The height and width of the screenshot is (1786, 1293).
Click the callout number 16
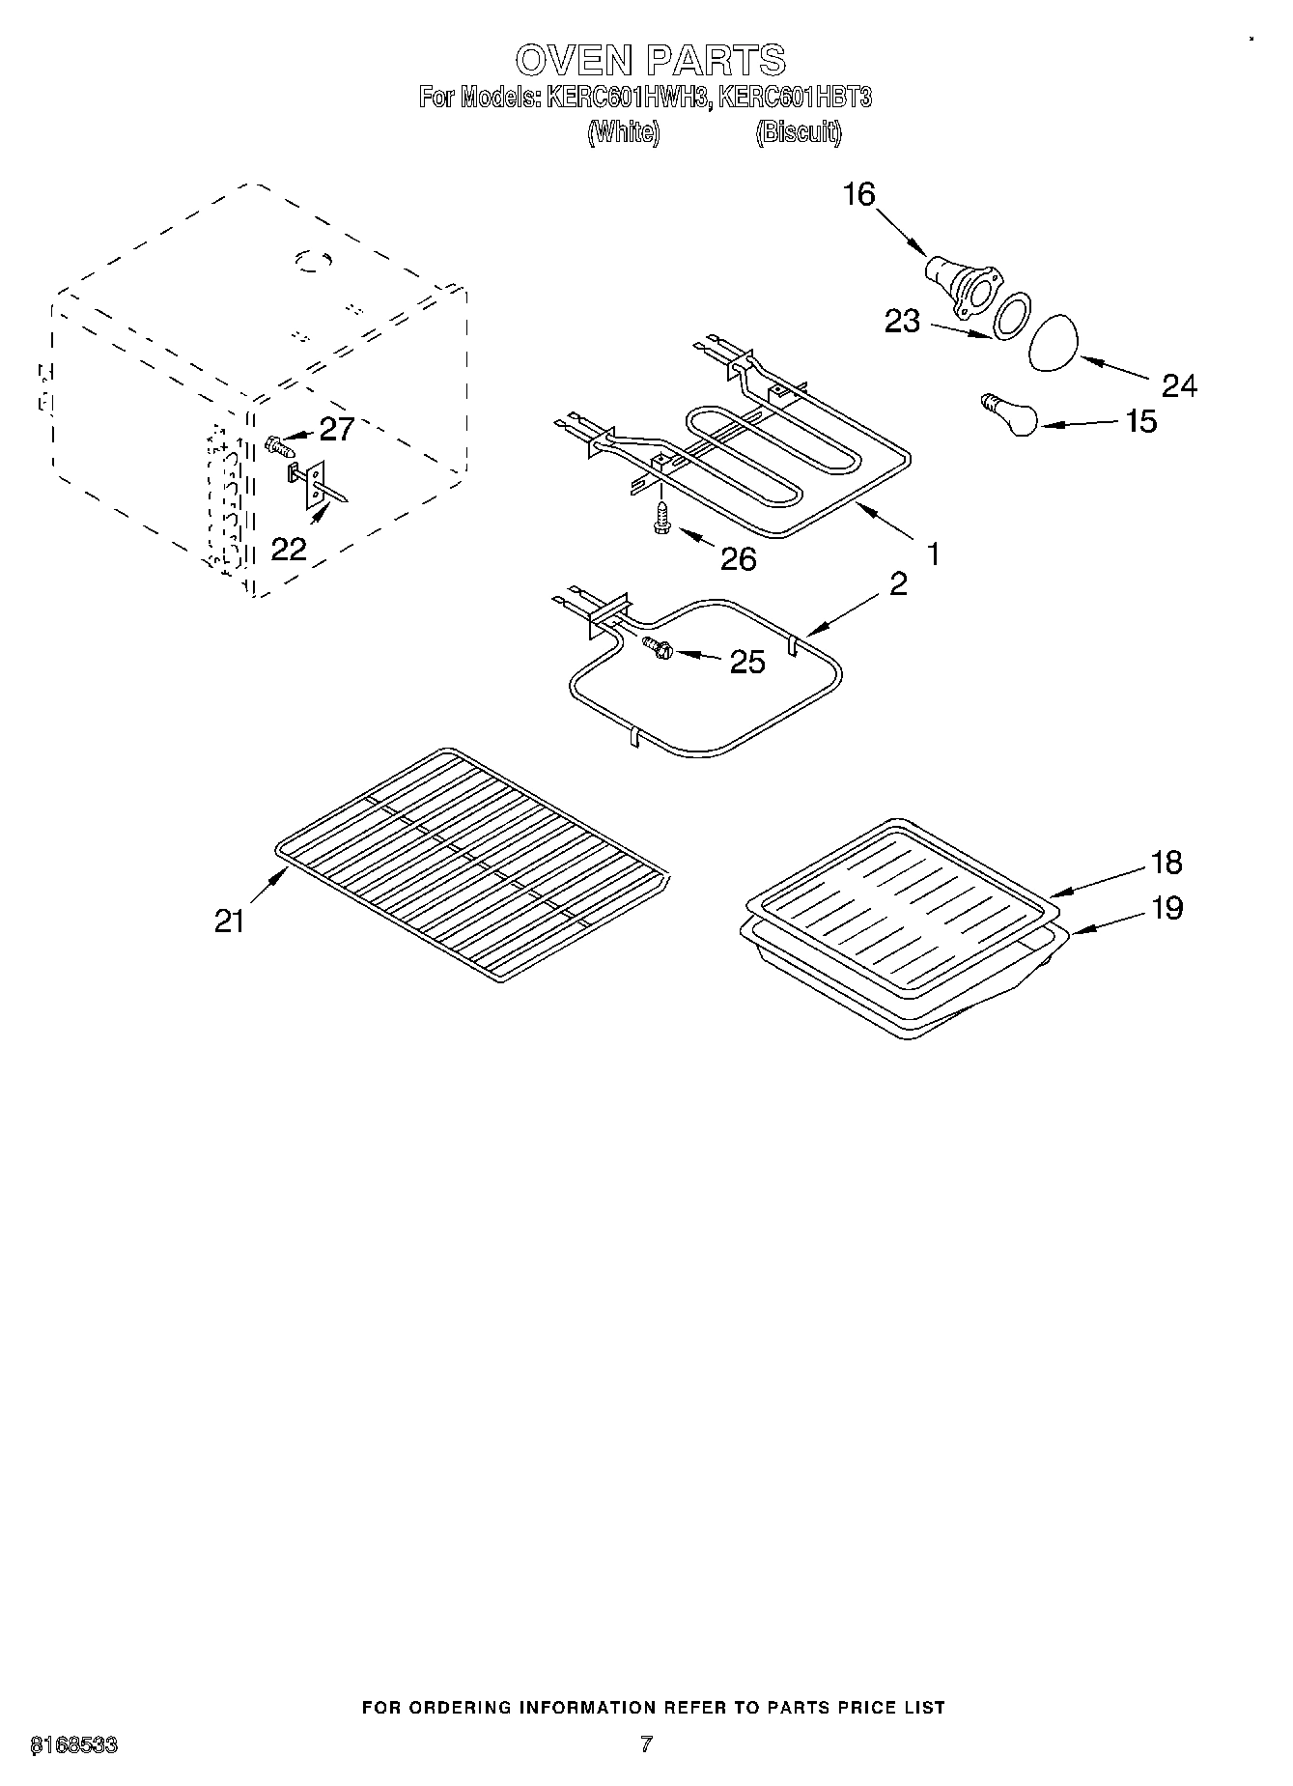(858, 195)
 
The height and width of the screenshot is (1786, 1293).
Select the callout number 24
(1179, 385)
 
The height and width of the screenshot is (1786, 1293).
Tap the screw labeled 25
(660, 650)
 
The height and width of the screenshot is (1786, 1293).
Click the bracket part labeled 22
(315, 484)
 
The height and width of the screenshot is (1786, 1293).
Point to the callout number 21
(230, 921)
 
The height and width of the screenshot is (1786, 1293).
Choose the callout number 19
(1167, 907)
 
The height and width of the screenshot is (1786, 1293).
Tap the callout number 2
(898, 583)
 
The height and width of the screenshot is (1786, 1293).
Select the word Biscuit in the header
(798, 131)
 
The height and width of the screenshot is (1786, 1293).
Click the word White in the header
(624, 131)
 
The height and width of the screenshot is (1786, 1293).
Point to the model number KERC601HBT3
(795, 97)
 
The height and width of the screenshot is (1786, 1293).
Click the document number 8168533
(74, 1744)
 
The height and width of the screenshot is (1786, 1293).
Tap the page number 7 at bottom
(646, 1743)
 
